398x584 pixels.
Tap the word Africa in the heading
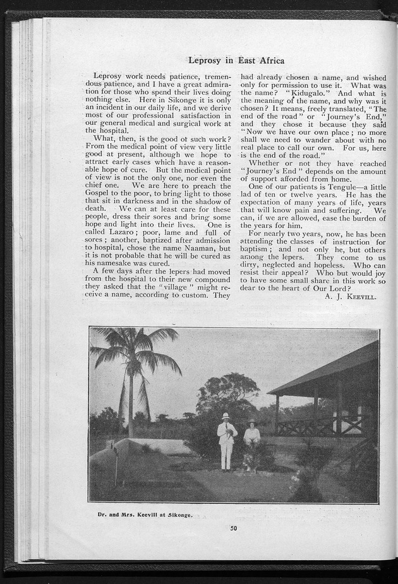tap(269, 61)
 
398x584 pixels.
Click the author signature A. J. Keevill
tap(351, 295)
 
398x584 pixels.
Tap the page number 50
tap(233, 528)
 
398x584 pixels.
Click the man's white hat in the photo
tap(226, 415)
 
